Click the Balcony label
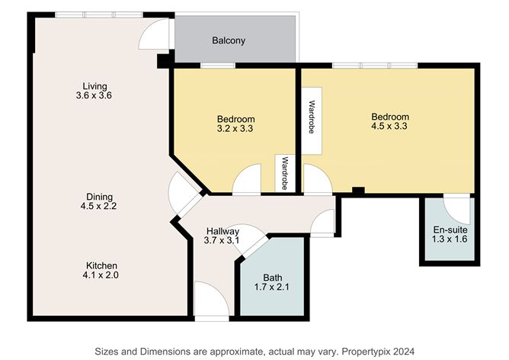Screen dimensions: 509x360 tap(229, 40)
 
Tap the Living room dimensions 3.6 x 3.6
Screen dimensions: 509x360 tap(94, 95)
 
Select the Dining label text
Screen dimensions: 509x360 tap(99, 197)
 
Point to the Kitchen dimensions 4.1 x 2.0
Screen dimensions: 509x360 tap(101, 275)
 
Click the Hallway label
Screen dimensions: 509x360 tap(223, 231)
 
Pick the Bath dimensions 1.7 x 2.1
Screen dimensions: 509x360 tap(272, 287)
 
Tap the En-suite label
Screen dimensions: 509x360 tap(450, 230)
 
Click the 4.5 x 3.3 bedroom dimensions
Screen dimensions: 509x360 tap(389, 126)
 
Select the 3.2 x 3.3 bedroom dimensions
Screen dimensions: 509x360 tap(235, 129)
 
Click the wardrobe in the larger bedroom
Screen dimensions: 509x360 tap(312, 121)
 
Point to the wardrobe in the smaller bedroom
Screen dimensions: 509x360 tap(285, 173)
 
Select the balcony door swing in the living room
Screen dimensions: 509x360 tap(155, 34)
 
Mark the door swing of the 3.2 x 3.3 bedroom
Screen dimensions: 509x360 tap(247, 179)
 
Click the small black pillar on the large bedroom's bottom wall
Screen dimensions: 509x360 tap(358, 191)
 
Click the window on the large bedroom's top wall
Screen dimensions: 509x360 tap(375, 66)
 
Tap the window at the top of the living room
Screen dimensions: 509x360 tap(99, 14)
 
